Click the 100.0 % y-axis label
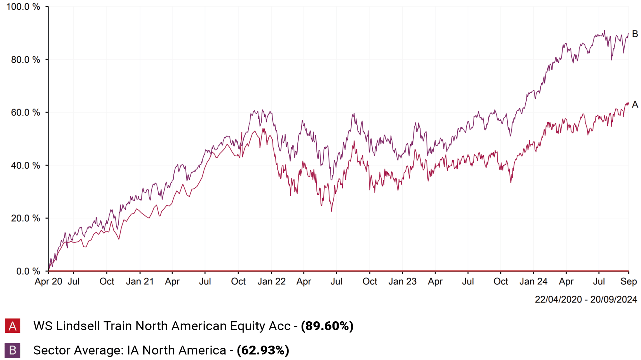coord(23,7)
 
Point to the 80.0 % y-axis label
coord(25,60)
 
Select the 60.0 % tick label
coord(25,112)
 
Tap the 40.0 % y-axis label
coord(25,166)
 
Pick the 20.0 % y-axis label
coord(25,218)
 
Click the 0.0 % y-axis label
coord(28,271)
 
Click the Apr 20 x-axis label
coord(48,282)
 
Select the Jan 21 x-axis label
coord(140,282)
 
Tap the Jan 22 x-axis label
coord(271,282)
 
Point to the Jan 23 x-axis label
coord(403,282)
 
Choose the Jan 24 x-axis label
coord(533,282)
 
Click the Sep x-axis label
coord(629,282)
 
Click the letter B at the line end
coord(635,34)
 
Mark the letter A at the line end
coord(635,104)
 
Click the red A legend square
coord(12,326)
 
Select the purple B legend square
coord(12,350)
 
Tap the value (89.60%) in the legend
coord(327,326)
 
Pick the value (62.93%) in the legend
coord(263,350)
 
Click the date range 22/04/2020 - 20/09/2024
coord(586,299)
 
